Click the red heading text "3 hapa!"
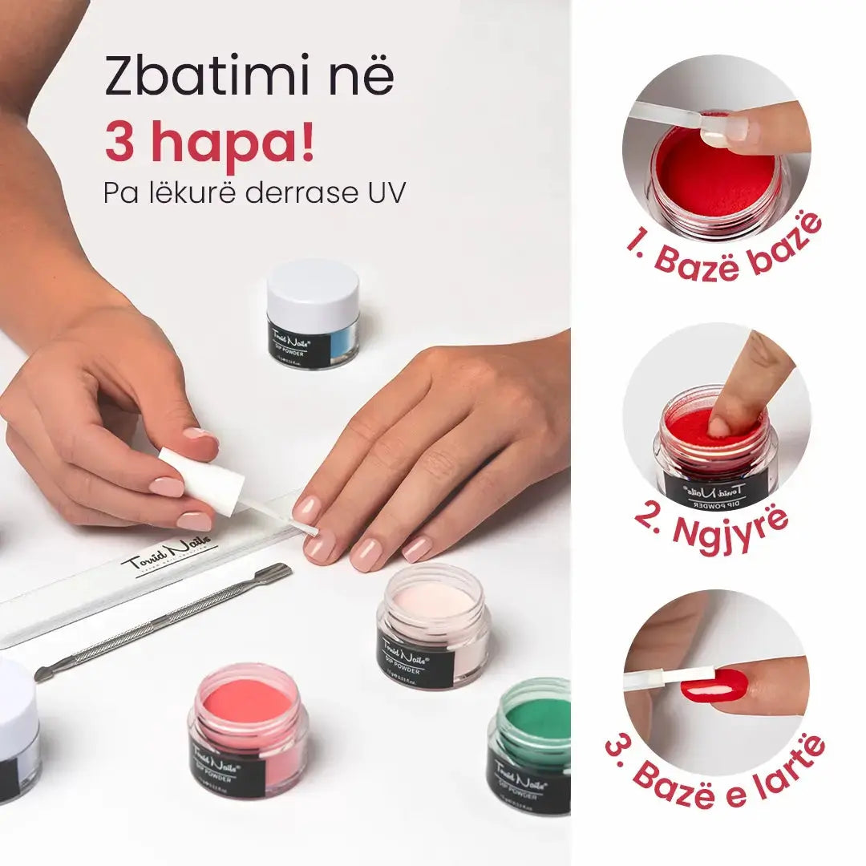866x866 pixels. click(x=210, y=143)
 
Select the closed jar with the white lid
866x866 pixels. click(x=313, y=313)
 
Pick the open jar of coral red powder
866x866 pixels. click(x=248, y=730)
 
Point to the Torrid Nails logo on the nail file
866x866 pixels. click(x=168, y=558)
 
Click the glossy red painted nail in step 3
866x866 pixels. click(x=714, y=686)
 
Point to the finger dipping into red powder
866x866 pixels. click(x=746, y=385)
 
